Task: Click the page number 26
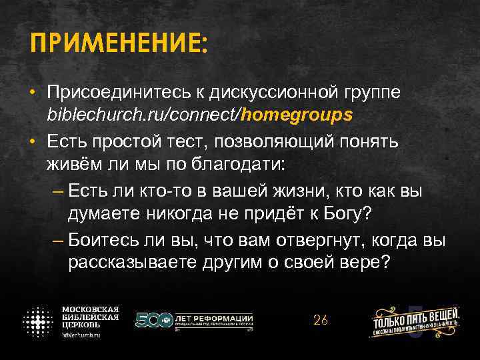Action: (320, 320)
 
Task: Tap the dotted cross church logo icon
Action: (39, 321)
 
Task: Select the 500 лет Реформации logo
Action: (194, 320)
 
